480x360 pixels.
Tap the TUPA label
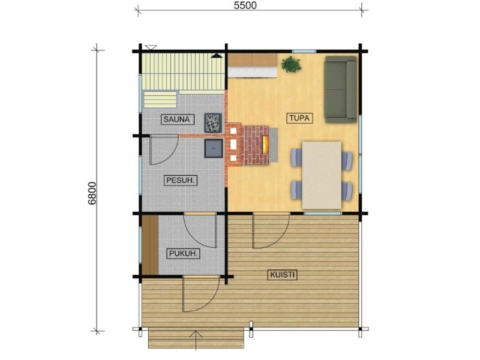click(x=299, y=118)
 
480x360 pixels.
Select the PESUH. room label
click(x=180, y=181)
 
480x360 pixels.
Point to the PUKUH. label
click(x=183, y=253)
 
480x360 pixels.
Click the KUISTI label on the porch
click(x=282, y=275)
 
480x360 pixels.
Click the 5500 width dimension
click(x=245, y=5)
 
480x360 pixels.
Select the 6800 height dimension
click(x=92, y=193)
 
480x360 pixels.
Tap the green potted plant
click(x=290, y=64)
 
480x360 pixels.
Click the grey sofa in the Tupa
click(x=340, y=89)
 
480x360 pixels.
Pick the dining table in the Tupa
click(x=322, y=175)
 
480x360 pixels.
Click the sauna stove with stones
click(x=213, y=122)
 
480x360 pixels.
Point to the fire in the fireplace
click(x=265, y=144)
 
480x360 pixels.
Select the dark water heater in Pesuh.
click(x=214, y=148)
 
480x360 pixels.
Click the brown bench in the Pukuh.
click(x=150, y=245)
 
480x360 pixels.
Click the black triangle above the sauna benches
click(x=217, y=55)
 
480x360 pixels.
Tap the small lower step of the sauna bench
click(x=160, y=100)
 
